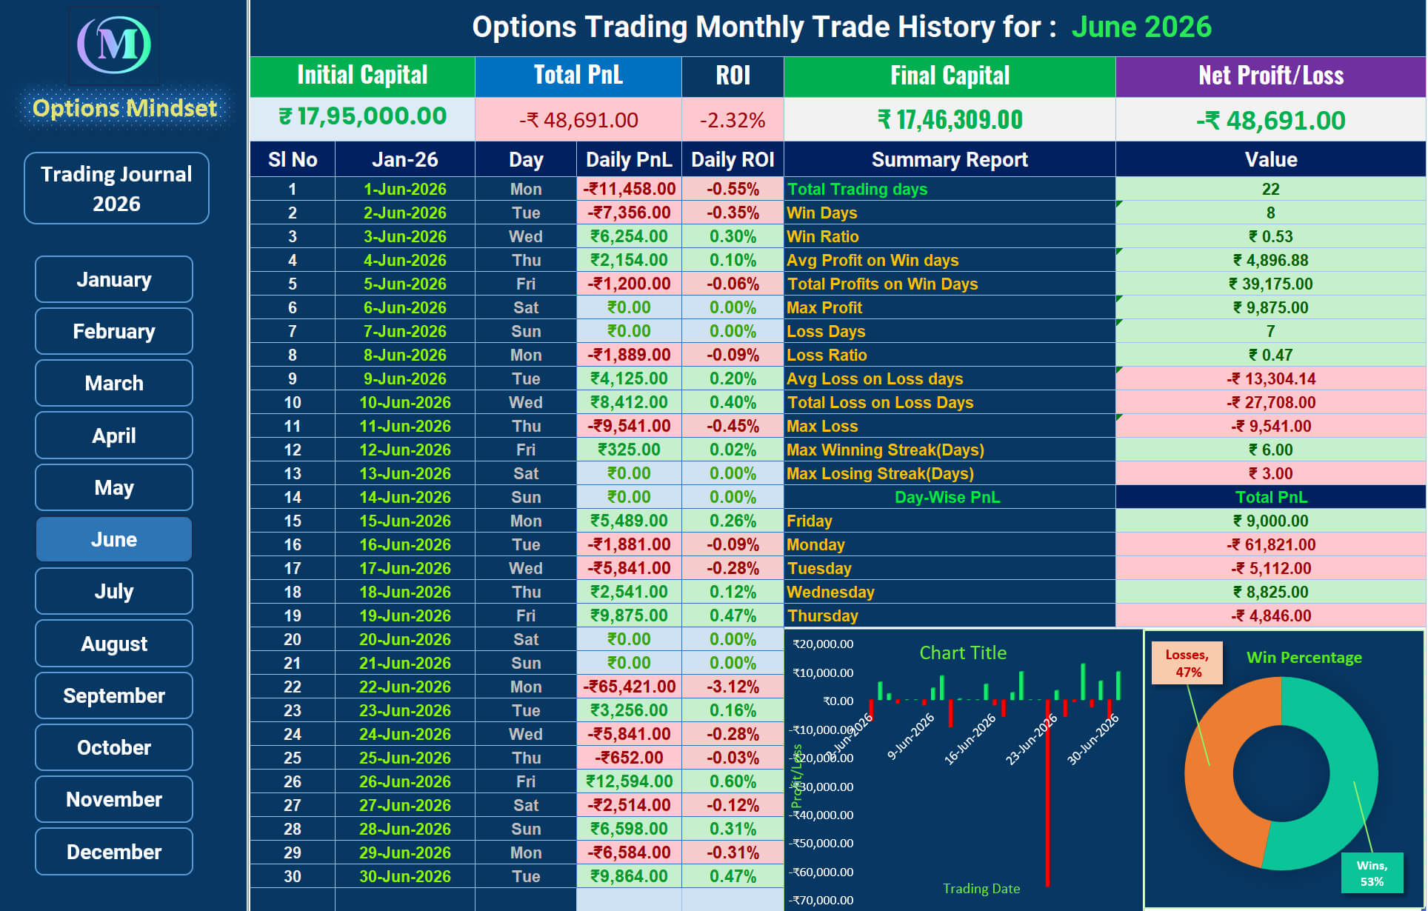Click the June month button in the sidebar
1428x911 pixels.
coord(114,539)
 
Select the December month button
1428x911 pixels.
coord(114,852)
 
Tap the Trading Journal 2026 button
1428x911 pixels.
coord(116,188)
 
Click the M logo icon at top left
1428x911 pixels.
coord(114,44)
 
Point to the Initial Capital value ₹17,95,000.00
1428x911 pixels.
coord(362,117)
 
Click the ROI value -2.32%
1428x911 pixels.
coord(733,120)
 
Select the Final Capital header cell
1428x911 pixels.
coord(950,76)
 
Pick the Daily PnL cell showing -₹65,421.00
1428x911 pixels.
coord(629,687)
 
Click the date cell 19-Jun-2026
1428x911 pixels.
coord(404,615)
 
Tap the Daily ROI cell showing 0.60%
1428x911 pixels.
coord(733,781)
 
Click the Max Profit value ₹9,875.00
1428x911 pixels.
coord(1270,307)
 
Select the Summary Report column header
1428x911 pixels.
coord(950,159)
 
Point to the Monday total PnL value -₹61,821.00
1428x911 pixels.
coord(1270,544)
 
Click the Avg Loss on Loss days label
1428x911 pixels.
coord(875,378)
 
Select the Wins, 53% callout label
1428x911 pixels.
coord(1372,873)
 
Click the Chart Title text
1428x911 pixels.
coord(963,653)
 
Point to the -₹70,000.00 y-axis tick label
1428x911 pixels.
coord(823,900)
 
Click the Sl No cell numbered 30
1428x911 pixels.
coord(293,876)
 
